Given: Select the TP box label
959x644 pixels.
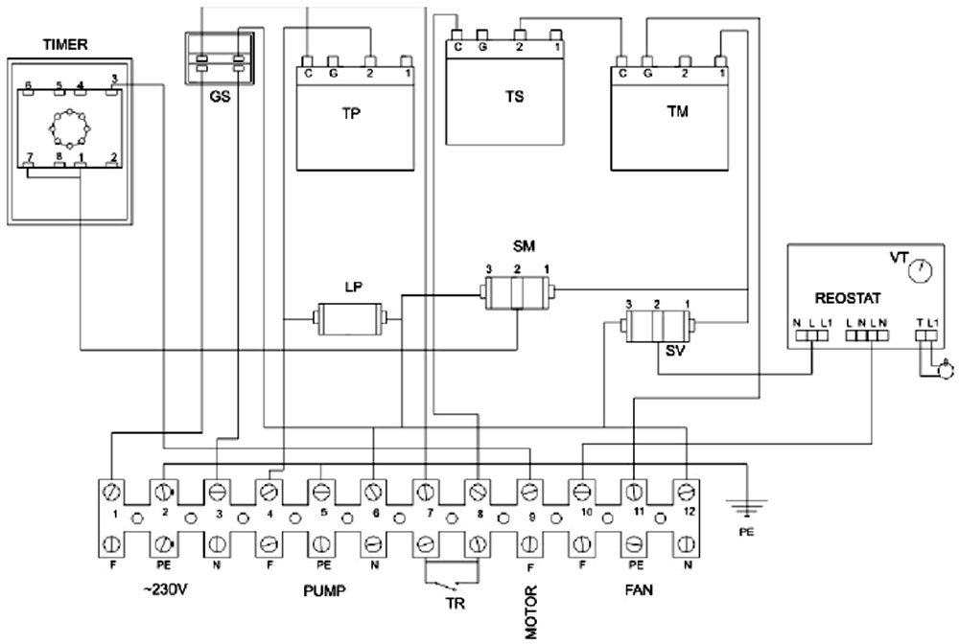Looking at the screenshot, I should pos(351,112).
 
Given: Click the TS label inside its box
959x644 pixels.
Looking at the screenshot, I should pos(515,97).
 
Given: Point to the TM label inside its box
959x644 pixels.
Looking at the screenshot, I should pos(677,112).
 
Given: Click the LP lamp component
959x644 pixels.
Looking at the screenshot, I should pos(351,317).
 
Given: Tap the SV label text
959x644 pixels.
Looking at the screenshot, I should pos(674,352).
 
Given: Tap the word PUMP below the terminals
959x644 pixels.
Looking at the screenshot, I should pos(321,590).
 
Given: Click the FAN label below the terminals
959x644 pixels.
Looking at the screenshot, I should pos(636,590).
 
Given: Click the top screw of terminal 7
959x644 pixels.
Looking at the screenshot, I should pos(425,492).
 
